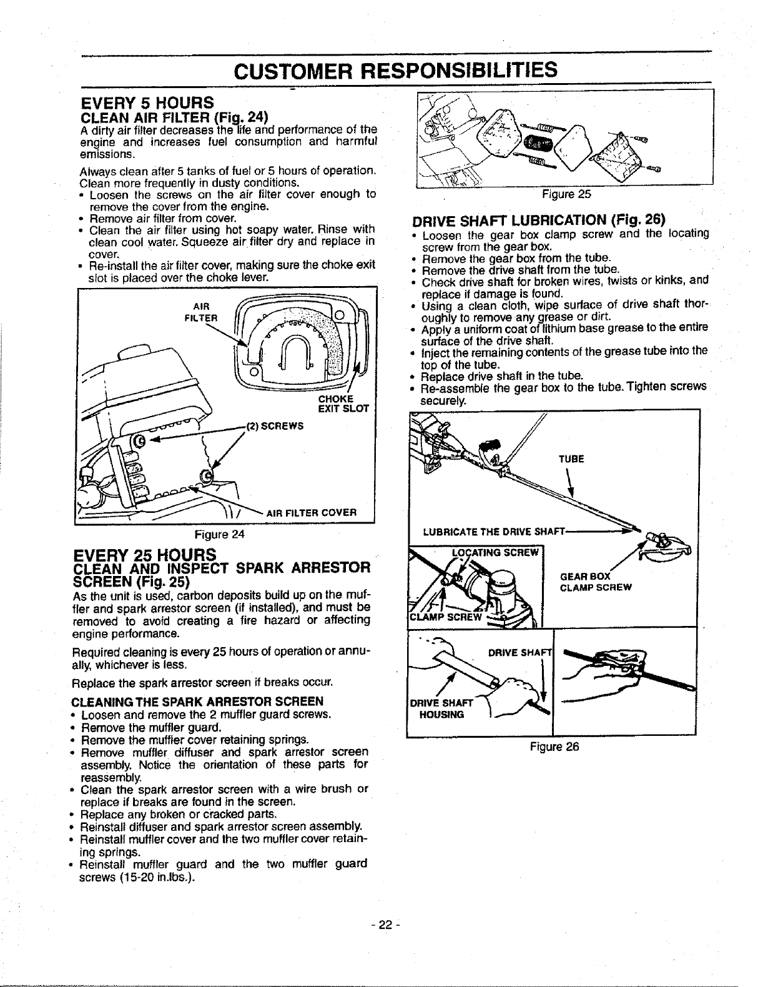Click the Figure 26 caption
click(554, 746)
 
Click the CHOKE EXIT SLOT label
click(343, 404)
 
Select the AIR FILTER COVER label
click(311, 513)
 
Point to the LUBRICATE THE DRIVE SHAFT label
click(493, 532)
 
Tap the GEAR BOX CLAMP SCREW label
click(596, 582)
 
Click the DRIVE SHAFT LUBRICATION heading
click(539, 220)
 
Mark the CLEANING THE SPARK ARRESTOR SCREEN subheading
click(198, 700)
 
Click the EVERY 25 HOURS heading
click(145, 553)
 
